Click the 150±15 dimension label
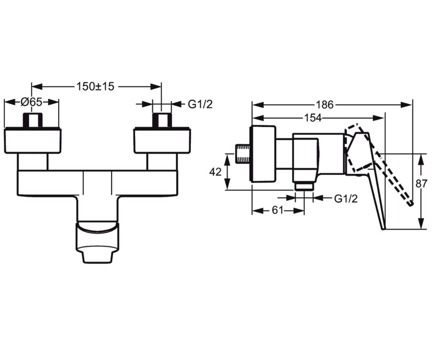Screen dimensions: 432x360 (95, 86)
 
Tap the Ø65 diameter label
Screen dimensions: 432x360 (31, 102)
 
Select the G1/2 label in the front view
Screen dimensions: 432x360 (200, 104)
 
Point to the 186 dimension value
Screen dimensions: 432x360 (325, 105)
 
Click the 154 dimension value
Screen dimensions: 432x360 (313, 118)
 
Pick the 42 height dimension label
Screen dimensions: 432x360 (215, 172)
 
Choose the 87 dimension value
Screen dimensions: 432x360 (422, 184)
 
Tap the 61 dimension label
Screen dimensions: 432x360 (278, 210)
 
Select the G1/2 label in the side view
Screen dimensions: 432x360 (346, 199)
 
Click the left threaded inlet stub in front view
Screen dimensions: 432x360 (33, 120)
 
